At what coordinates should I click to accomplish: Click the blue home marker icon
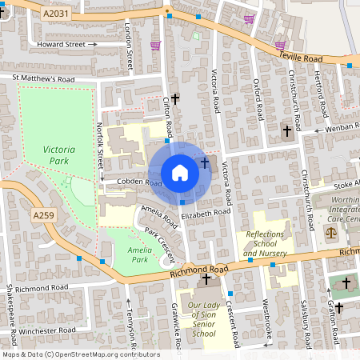tap(180, 173)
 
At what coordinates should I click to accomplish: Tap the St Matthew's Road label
tap(42, 79)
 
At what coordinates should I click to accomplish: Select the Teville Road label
tap(301, 58)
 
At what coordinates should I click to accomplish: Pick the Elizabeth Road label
tap(205, 214)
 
